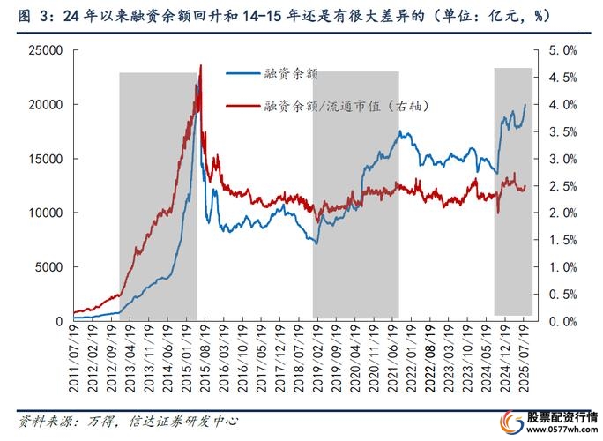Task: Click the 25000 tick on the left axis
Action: (42, 51)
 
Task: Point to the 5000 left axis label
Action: (46, 267)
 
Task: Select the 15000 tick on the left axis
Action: (42, 160)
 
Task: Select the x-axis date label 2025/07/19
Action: (526, 354)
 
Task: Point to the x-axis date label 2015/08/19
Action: (204, 354)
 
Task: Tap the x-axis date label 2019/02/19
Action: (316, 354)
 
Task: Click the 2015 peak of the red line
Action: (201, 66)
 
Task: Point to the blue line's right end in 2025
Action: (525, 105)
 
